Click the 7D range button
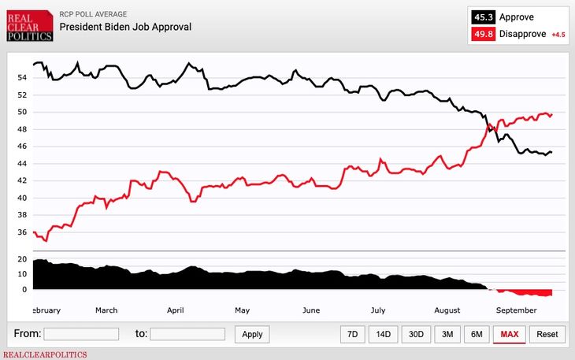(353, 334)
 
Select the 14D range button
(383, 334)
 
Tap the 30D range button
(415, 334)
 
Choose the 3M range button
(447, 334)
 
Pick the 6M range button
(477, 334)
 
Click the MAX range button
(509, 334)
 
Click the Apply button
(252, 334)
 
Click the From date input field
(81, 334)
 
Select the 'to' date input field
(187, 334)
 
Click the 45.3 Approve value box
(484, 17)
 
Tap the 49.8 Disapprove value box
(484, 34)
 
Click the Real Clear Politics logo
(29, 25)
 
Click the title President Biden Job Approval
(125, 27)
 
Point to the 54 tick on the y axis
(23, 78)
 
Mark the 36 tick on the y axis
(23, 232)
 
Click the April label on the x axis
(175, 310)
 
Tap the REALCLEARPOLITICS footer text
(43, 354)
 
